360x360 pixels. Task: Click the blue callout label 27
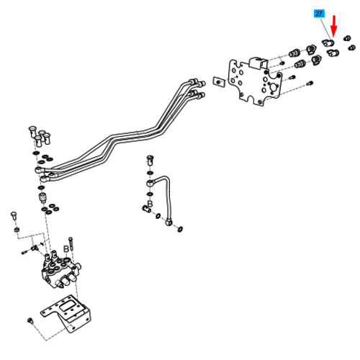tap(319, 14)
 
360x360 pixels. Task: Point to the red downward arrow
tap(334, 26)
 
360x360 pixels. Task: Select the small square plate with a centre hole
tap(218, 82)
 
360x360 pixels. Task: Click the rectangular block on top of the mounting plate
tap(258, 63)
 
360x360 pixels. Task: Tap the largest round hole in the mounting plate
tap(274, 87)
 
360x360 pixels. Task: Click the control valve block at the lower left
tap(61, 269)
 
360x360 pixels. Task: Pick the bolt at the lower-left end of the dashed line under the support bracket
tap(30, 320)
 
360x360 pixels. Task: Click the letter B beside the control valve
tap(66, 249)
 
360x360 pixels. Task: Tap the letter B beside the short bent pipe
tap(150, 204)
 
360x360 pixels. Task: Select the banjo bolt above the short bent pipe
tap(150, 160)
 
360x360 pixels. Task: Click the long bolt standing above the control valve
tap(71, 244)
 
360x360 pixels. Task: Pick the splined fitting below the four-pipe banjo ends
tap(42, 197)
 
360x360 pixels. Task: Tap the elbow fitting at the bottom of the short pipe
tap(169, 222)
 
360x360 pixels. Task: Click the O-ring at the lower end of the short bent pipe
tap(180, 229)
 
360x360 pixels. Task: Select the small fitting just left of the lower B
tap(146, 209)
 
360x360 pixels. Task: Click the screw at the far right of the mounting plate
tap(310, 84)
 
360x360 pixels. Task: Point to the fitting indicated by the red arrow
tap(328, 42)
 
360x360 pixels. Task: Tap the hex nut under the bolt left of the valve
tap(17, 230)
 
